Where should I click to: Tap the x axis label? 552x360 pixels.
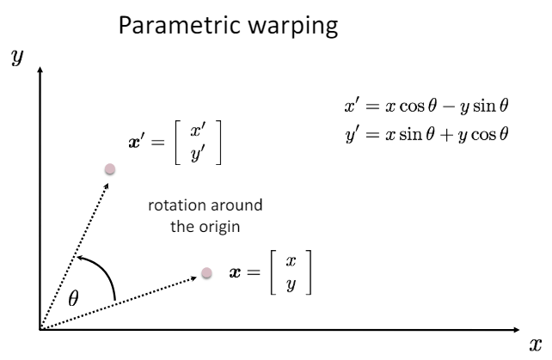537,344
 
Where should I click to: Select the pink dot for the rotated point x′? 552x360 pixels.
109,169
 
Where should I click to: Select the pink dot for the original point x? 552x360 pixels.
206,272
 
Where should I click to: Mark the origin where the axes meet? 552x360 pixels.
40,328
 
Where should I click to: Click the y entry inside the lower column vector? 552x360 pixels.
291,283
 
